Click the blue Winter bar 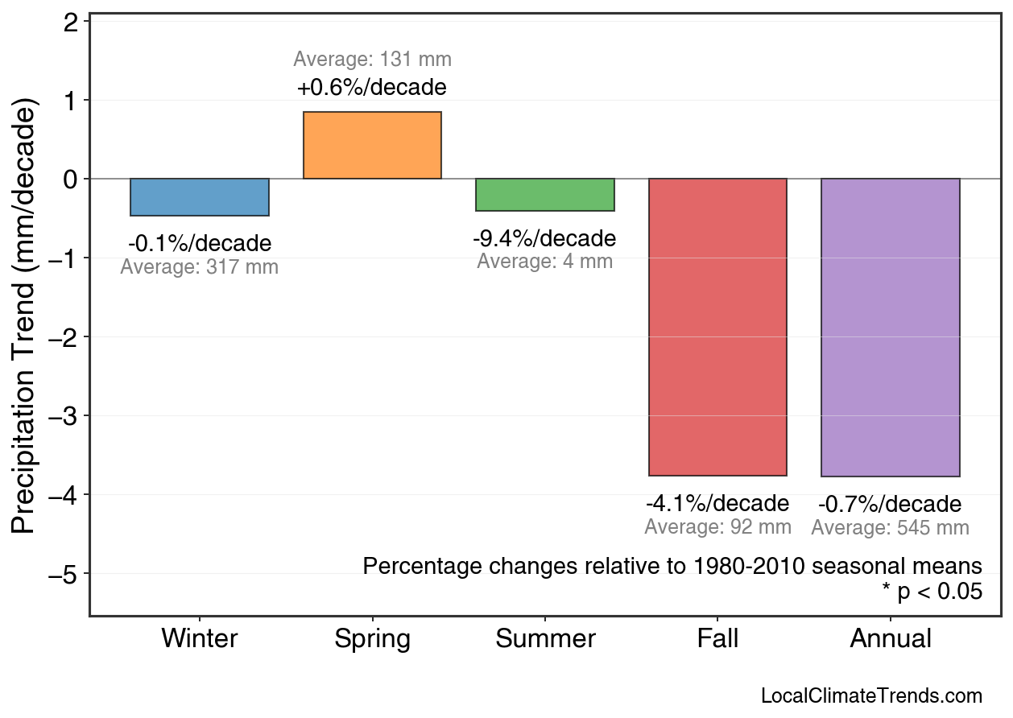[200, 197]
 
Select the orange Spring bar [372, 146]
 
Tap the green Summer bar [545, 195]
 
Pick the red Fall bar [717, 327]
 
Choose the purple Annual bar [891, 328]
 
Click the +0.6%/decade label [372, 87]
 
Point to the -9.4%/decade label [544, 239]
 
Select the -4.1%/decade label [717, 504]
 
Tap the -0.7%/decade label [890, 505]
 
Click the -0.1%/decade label [200, 244]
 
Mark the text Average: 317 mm [200, 268]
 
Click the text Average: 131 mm [372, 60]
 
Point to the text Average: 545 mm [890, 529]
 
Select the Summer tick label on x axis [545, 639]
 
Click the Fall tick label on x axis [717, 639]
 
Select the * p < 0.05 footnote [932, 592]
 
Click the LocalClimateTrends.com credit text [871, 696]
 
